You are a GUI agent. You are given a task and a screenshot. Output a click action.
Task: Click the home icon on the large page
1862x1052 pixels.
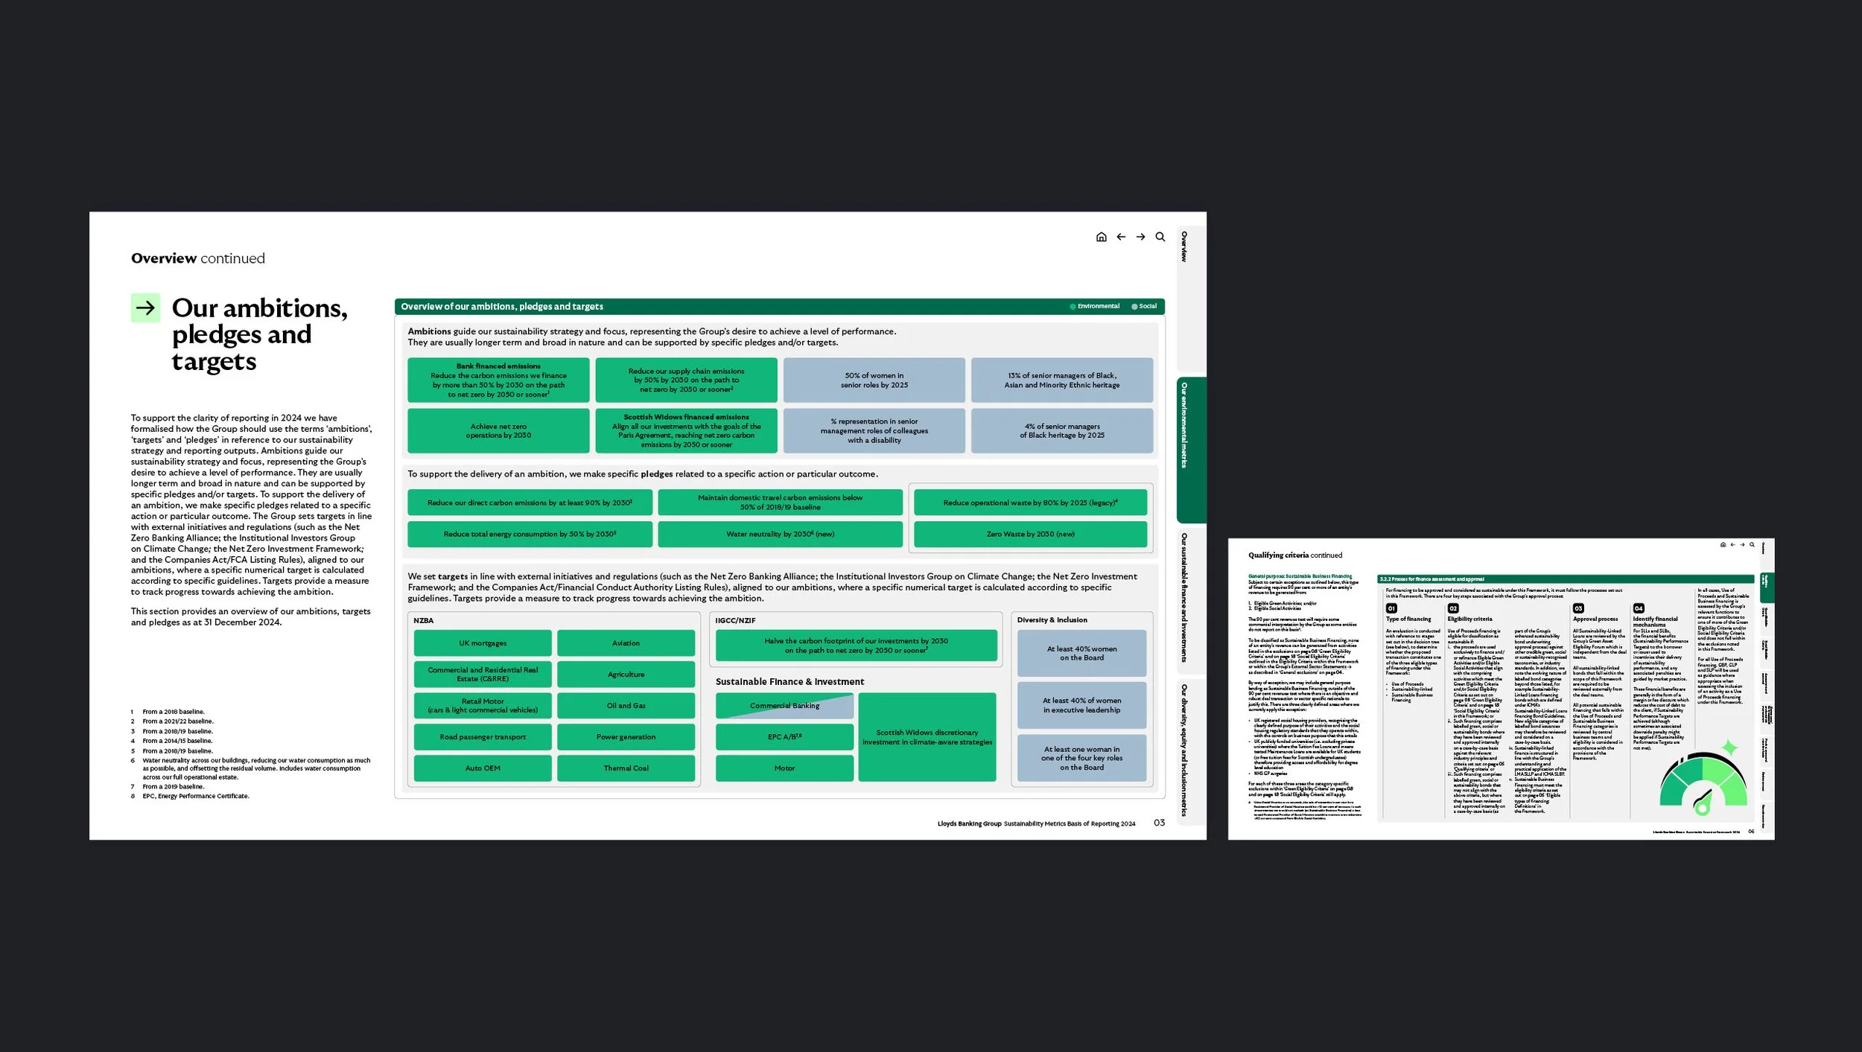(1101, 238)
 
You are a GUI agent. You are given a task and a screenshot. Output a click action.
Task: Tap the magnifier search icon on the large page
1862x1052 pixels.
(1160, 238)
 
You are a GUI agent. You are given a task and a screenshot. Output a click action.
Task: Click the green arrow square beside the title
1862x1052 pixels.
(145, 307)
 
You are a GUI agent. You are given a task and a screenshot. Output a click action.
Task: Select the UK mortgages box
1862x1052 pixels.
(483, 643)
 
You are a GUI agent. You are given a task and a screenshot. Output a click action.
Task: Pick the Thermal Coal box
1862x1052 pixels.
(626, 768)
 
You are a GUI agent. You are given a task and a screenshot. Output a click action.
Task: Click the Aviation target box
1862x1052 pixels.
(626, 643)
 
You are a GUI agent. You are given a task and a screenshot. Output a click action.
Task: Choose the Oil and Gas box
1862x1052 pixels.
(626, 706)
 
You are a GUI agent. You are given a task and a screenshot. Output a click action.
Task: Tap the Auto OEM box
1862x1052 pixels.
(483, 768)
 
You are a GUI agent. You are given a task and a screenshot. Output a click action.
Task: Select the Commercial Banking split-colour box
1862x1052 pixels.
(784, 706)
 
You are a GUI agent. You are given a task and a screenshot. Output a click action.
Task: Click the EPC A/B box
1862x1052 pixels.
(784, 737)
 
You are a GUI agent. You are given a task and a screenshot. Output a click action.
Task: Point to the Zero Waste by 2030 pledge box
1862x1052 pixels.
(1030, 535)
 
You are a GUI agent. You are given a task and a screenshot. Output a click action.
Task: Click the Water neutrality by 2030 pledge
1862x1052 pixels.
(780, 535)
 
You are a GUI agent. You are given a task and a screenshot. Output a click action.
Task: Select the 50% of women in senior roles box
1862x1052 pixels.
(874, 380)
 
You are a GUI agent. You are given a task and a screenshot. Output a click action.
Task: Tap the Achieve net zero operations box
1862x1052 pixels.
(498, 431)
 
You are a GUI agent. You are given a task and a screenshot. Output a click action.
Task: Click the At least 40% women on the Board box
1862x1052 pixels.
(1081, 654)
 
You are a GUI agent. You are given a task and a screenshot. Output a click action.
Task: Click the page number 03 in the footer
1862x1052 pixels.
(1159, 823)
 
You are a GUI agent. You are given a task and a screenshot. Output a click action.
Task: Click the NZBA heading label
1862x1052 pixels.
(423, 621)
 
